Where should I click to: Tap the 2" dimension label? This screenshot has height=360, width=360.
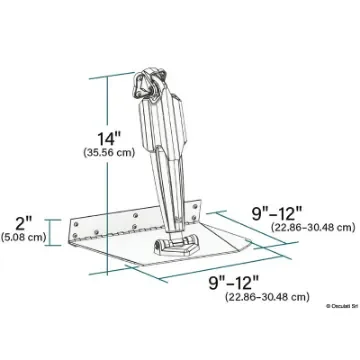pyautogui.click(x=21, y=221)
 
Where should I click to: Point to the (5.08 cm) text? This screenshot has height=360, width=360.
pyautogui.click(x=23, y=238)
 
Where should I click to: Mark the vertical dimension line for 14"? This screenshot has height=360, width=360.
pyautogui.click(x=101, y=150)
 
